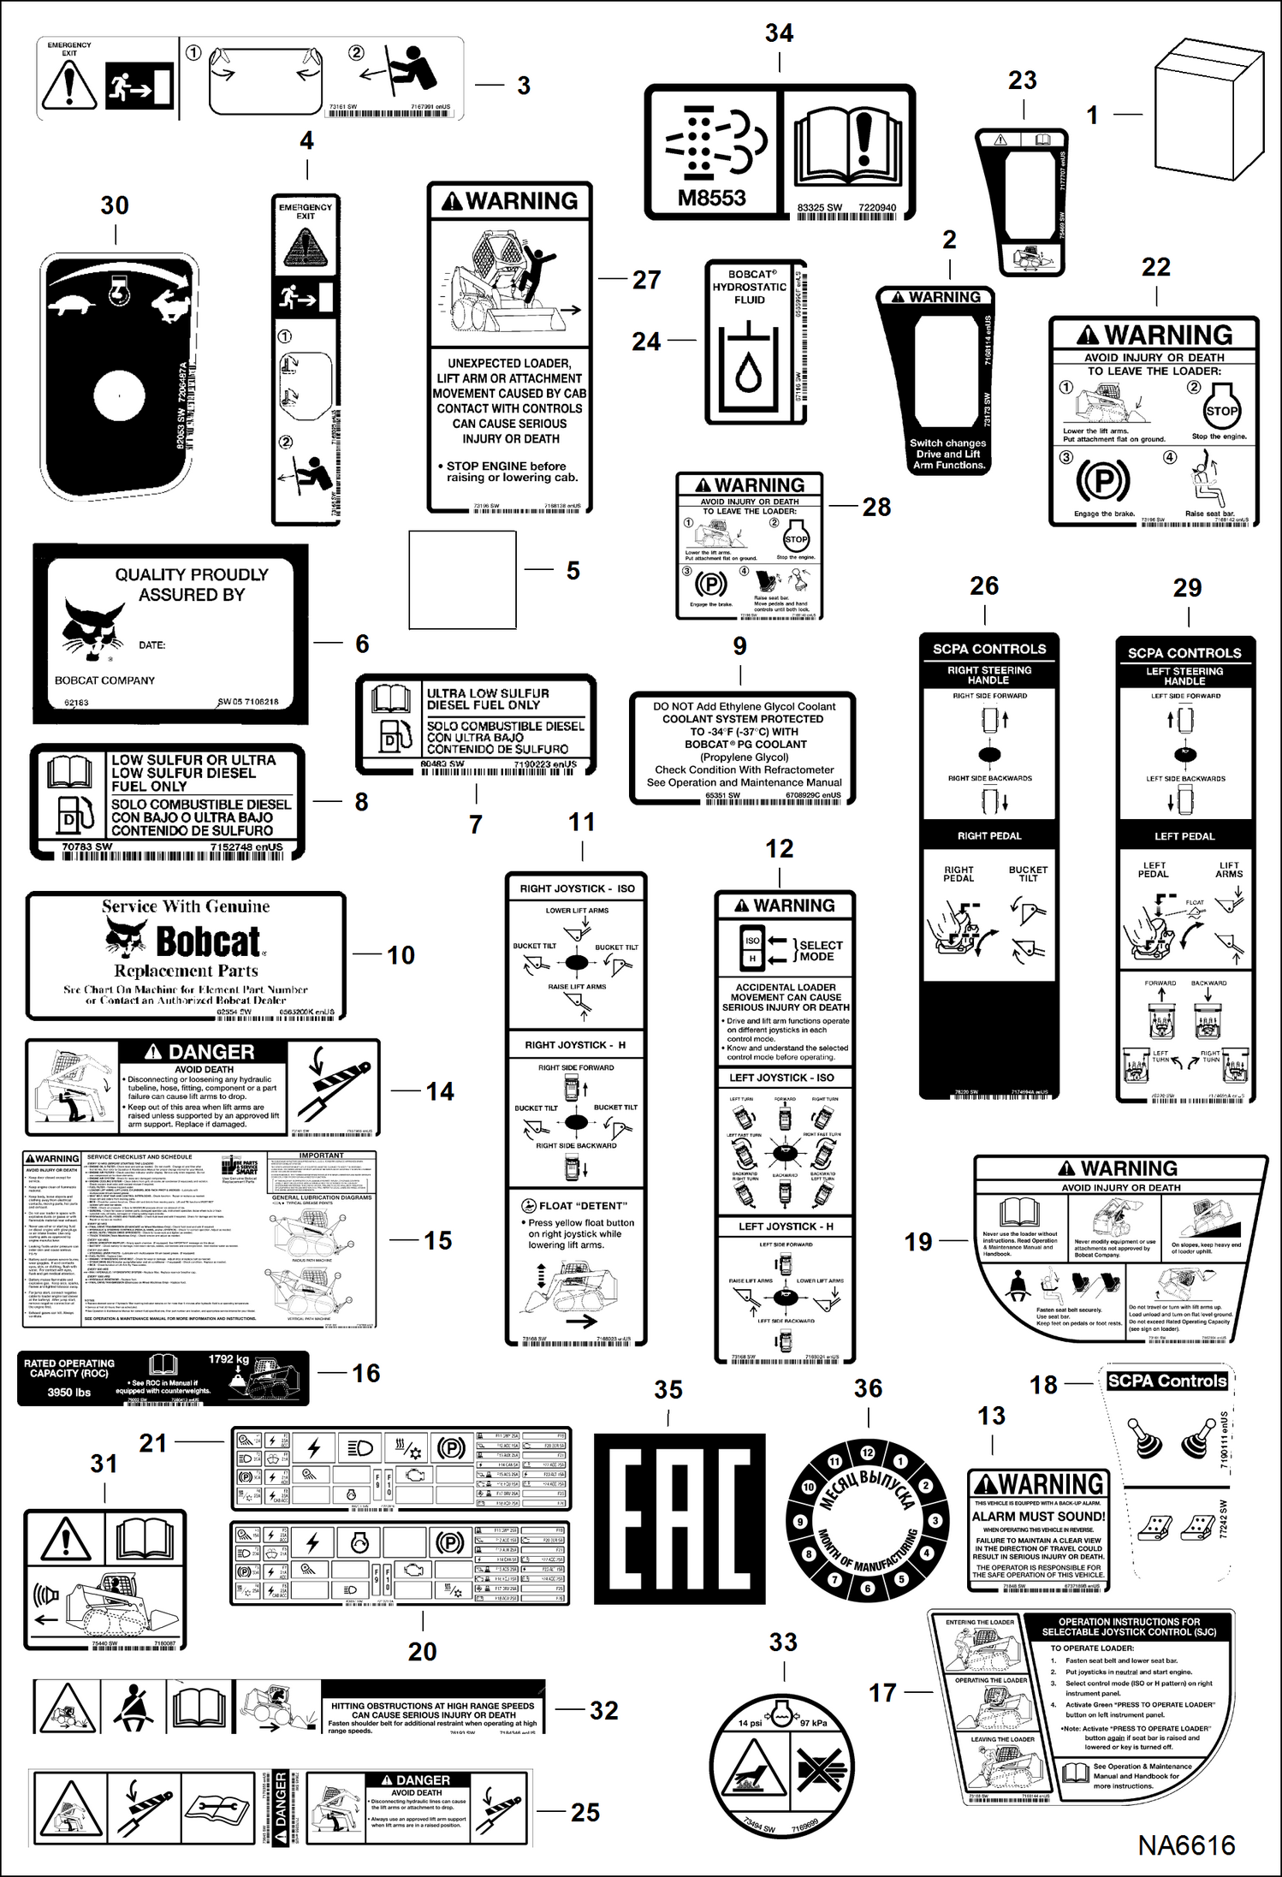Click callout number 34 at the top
[x=779, y=33]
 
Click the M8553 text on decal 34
[x=711, y=198]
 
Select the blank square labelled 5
[x=462, y=579]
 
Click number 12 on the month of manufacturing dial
[x=867, y=1452]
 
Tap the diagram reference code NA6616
[x=1186, y=1845]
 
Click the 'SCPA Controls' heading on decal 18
[x=1166, y=1381]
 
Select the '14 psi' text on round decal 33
[x=750, y=1723]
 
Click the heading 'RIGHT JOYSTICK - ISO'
[x=577, y=888]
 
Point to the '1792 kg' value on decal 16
[x=229, y=1359]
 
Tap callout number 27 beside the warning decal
[x=646, y=280]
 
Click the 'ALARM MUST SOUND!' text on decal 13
[x=1038, y=1516]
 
